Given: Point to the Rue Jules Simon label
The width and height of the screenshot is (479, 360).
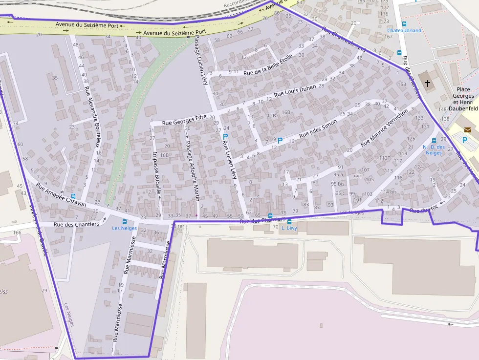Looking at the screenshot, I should (318, 127).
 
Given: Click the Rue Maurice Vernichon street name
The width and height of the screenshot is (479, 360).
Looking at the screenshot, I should (384, 127).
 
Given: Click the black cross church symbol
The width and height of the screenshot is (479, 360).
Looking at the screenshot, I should (428, 84).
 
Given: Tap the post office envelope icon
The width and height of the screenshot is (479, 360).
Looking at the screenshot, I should (468, 129).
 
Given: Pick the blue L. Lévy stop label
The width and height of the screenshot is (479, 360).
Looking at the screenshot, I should (289, 228).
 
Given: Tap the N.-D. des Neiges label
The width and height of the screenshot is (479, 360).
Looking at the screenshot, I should (434, 149).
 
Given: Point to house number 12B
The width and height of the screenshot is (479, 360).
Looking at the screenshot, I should (272, 115).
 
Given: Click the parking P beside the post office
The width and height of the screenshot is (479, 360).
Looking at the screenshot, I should (464, 140).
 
